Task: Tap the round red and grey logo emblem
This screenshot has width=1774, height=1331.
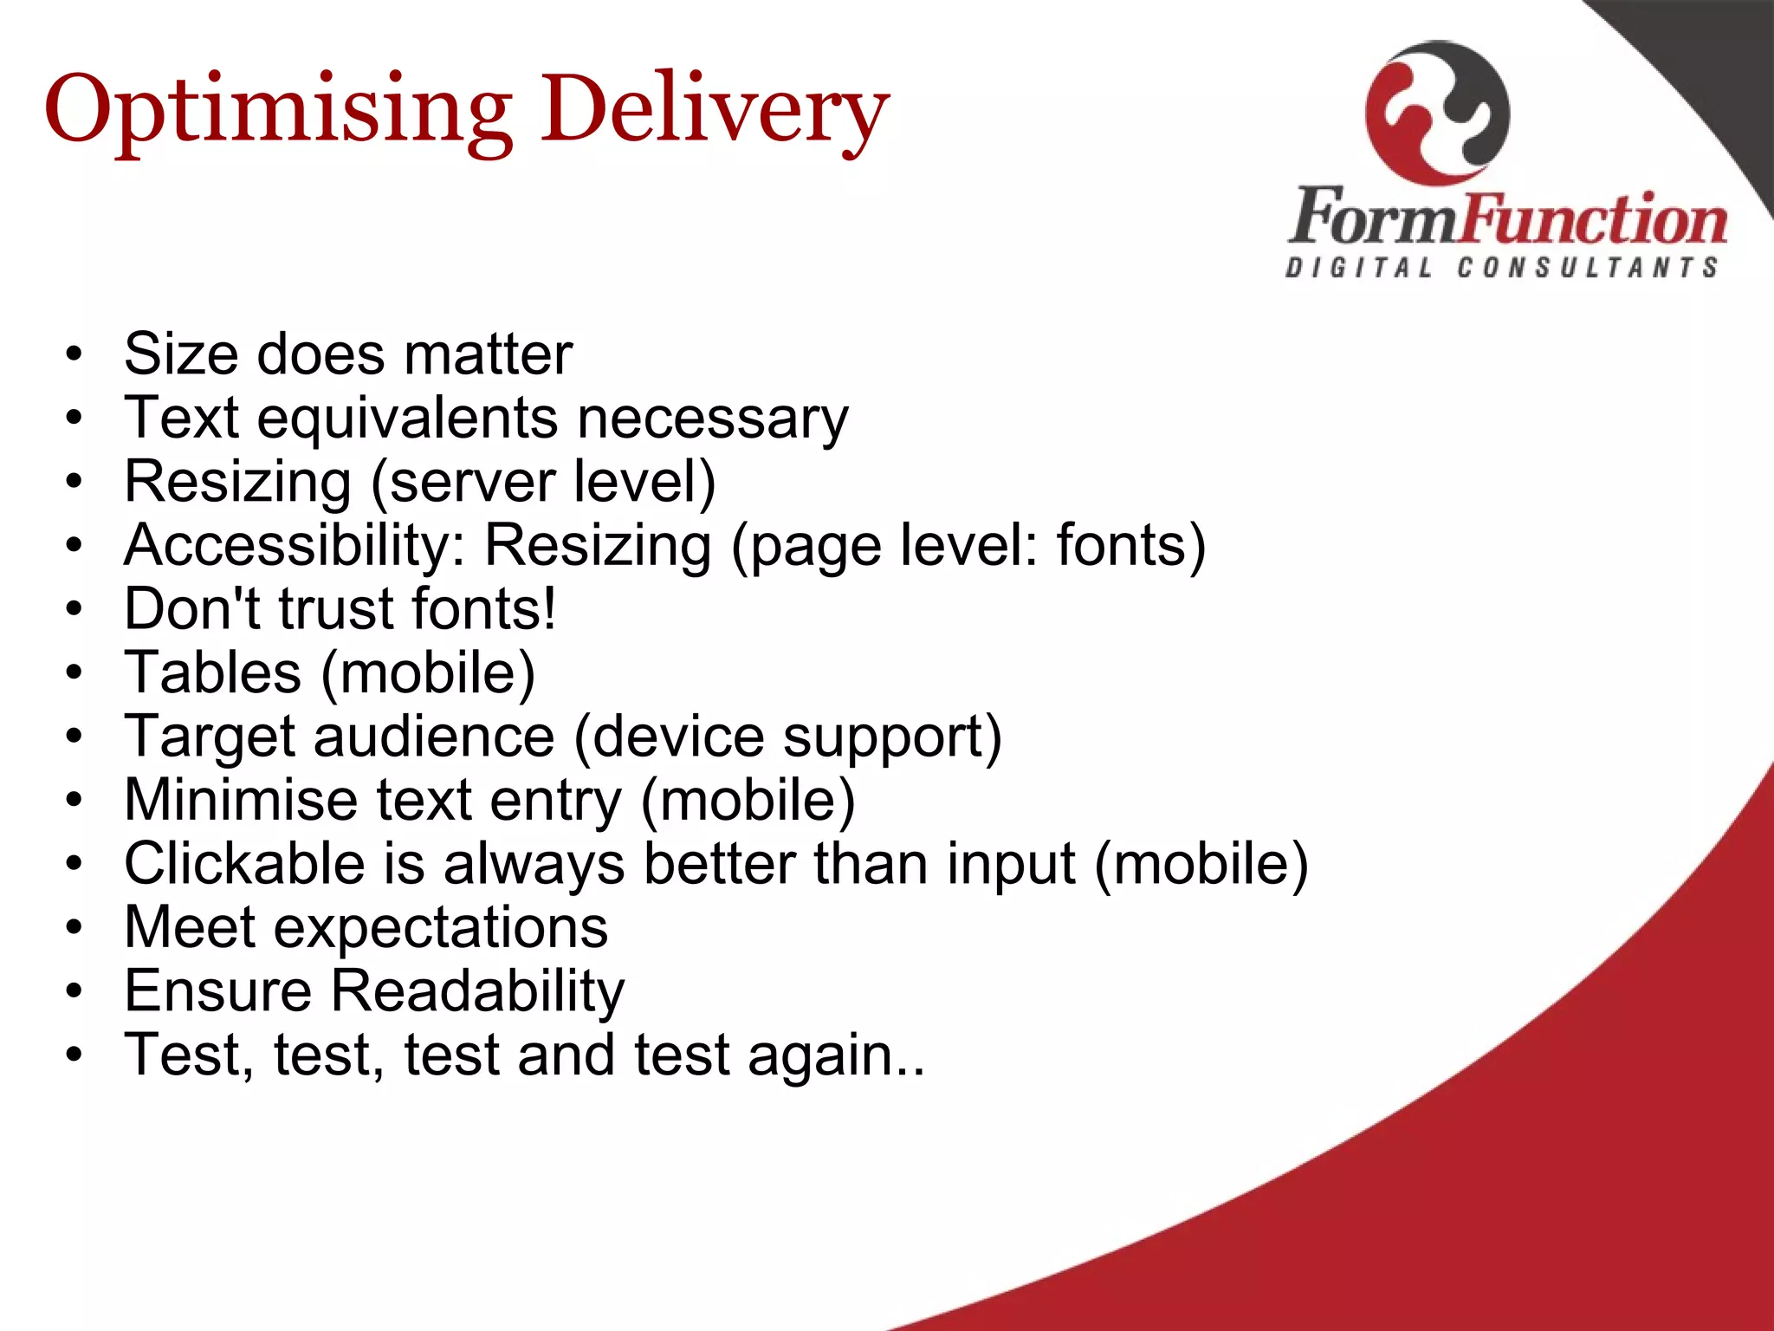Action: [1437, 113]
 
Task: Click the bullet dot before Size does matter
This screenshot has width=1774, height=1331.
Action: [74, 354]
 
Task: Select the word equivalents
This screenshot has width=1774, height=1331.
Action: [407, 419]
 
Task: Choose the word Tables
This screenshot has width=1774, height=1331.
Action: [212, 672]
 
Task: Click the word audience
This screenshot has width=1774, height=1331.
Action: [433, 737]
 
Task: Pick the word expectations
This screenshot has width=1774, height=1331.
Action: [441, 928]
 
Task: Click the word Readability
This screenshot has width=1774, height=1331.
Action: [477, 991]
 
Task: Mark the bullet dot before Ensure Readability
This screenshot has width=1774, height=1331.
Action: [74, 990]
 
